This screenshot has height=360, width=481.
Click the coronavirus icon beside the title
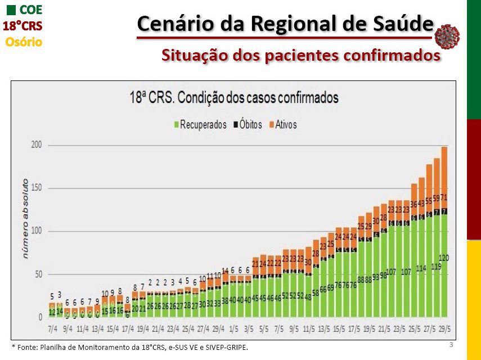447,36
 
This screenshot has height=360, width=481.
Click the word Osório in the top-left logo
24,42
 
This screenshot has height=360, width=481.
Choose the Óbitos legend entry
247,124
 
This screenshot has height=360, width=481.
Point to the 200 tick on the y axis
37,145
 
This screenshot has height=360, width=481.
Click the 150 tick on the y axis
37,188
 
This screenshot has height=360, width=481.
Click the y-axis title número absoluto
25,219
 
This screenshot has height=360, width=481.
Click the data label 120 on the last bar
444,258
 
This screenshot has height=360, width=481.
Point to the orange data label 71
444,197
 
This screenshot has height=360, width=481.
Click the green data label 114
421,269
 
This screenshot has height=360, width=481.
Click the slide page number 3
451,344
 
